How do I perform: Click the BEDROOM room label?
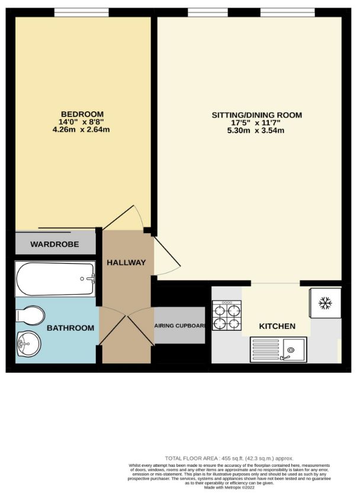[82, 114]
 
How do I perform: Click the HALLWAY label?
[126, 262]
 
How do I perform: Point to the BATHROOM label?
[70, 328]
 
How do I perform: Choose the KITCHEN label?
[277, 326]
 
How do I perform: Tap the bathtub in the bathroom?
[55, 280]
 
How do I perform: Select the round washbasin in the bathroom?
[28, 342]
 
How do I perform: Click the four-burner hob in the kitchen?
[227, 316]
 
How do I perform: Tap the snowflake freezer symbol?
[324, 304]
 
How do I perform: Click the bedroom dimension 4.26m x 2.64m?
[82, 130]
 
